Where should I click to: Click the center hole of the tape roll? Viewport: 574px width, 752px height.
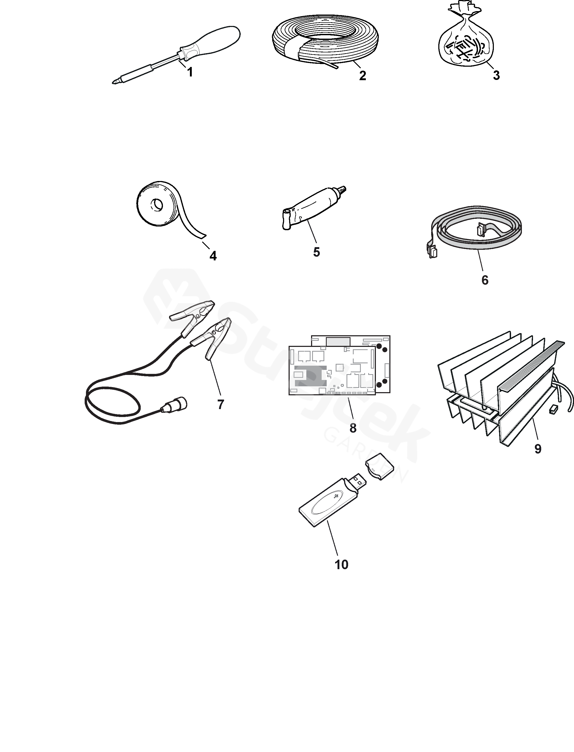[158, 205]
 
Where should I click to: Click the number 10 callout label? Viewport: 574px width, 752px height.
[341, 565]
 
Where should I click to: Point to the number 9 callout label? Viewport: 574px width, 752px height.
[538, 449]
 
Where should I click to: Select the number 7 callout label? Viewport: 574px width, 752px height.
[221, 404]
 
